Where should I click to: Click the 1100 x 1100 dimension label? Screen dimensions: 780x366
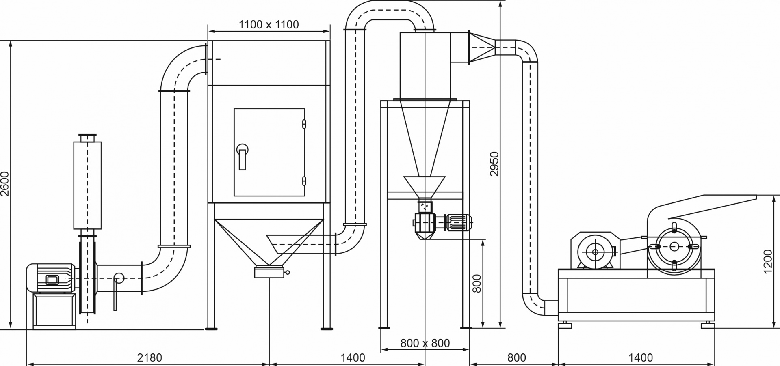(x=269, y=24)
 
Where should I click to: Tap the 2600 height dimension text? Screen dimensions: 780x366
(x=5, y=184)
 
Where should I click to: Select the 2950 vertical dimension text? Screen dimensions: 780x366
(x=494, y=164)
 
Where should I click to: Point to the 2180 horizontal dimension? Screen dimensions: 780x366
(x=149, y=357)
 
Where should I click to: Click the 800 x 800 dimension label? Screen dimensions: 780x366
(x=425, y=343)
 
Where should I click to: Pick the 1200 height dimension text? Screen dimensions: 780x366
(x=767, y=261)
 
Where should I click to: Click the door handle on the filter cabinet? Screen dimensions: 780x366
(x=243, y=156)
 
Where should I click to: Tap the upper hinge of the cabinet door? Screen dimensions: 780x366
(x=304, y=124)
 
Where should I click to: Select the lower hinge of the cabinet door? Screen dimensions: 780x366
(x=304, y=181)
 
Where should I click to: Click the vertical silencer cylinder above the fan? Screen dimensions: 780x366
(x=87, y=185)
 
